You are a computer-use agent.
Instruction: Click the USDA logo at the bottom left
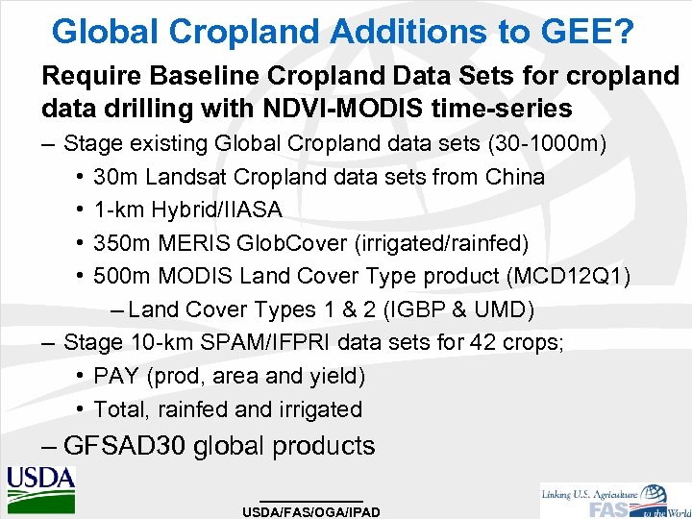(x=40, y=489)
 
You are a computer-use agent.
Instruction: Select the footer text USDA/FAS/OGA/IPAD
(x=311, y=511)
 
